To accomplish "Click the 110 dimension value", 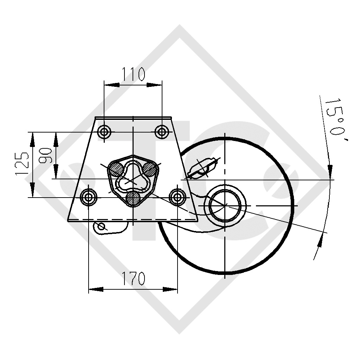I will click(x=133, y=74).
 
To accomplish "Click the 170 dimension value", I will click(x=133, y=279).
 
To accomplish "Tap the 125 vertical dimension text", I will click(x=22, y=164).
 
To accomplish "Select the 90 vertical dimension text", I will click(x=46, y=156).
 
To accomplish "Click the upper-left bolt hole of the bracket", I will click(x=104, y=132).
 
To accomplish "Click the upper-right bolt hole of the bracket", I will click(x=162, y=132).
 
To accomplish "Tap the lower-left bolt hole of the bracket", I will click(x=89, y=197).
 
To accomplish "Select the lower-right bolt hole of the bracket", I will click(x=177, y=197).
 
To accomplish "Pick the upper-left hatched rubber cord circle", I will click(x=116, y=169).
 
